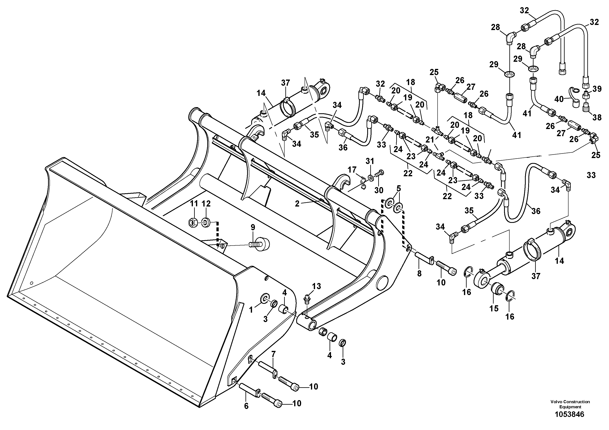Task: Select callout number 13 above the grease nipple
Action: [x=316, y=286]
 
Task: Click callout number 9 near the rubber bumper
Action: [x=253, y=227]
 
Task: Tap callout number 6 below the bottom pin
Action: [x=246, y=406]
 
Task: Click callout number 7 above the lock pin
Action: [x=274, y=354]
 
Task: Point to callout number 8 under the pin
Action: [x=419, y=273]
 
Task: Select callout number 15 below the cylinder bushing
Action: [x=494, y=309]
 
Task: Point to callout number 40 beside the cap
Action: [x=559, y=99]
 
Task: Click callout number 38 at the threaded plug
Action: [x=597, y=117]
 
